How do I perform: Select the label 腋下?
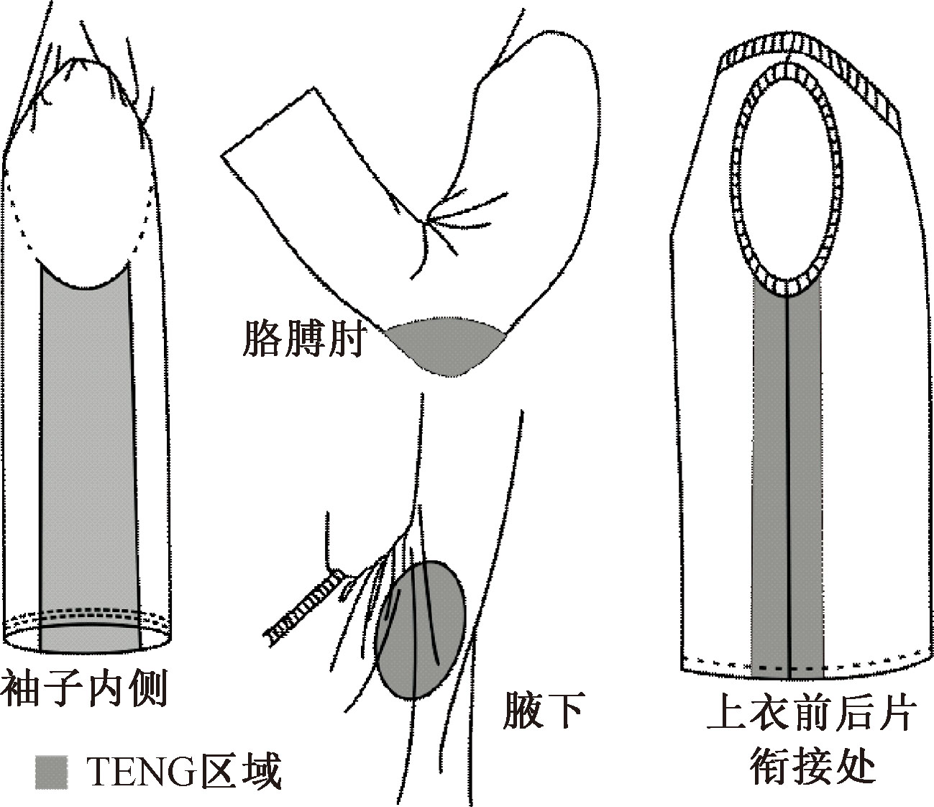click(x=541, y=711)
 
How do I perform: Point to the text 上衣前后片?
click(x=812, y=715)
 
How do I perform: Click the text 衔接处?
click(x=812, y=766)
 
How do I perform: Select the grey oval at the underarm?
click(x=421, y=629)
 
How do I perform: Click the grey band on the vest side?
click(x=769, y=468)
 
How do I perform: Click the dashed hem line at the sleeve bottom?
click(x=90, y=615)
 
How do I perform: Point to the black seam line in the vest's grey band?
click(x=788, y=468)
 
